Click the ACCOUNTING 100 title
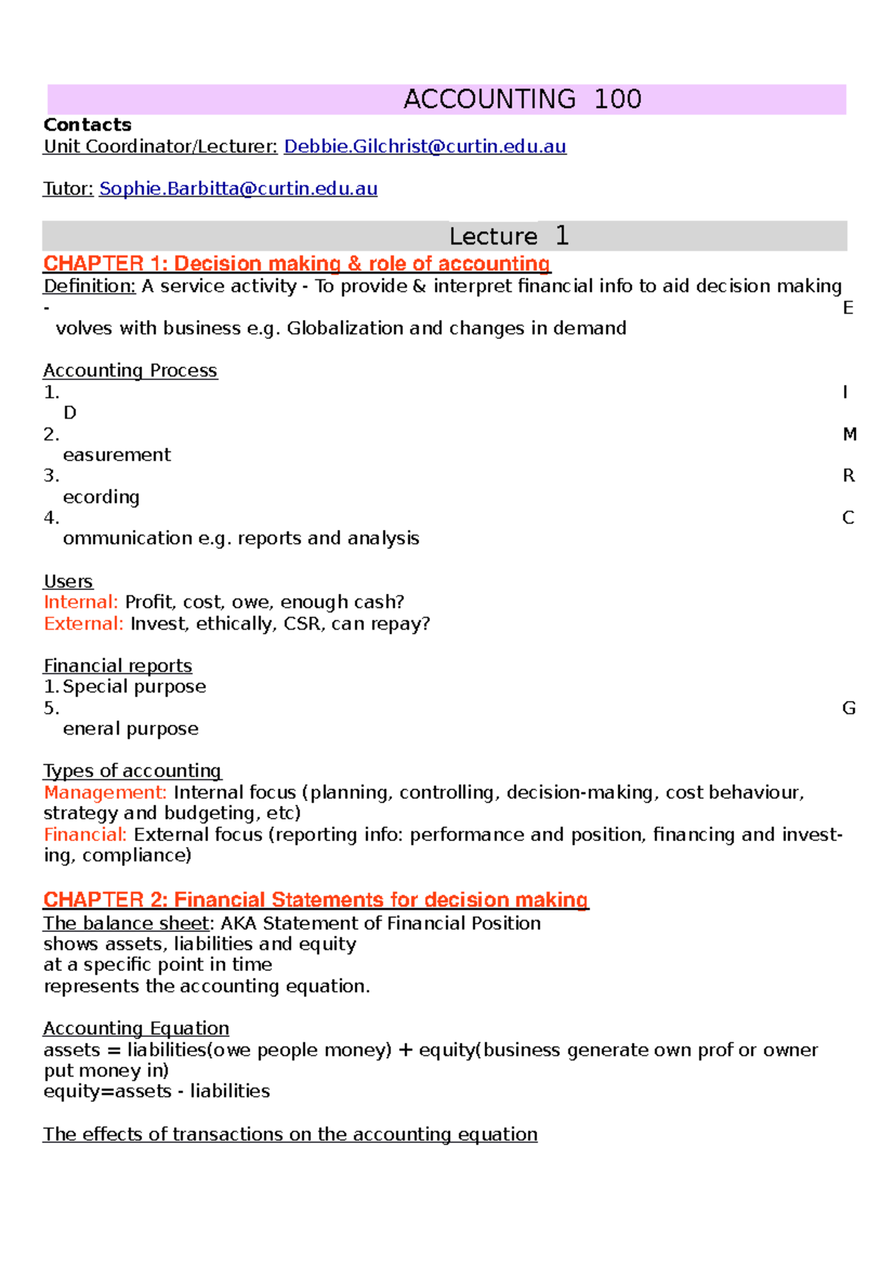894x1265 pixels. pos(521,99)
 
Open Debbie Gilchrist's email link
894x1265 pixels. pos(425,147)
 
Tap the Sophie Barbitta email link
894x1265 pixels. pos(238,189)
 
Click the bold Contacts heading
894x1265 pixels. pos(87,124)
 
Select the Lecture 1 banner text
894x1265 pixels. pos(509,236)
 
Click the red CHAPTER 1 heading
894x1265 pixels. pos(297,264)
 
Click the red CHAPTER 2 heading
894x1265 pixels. pos(316,900)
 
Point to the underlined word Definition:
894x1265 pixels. pos(89,286)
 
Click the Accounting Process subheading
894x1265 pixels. pos(130,370)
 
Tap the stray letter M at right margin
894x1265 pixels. pos(849,434)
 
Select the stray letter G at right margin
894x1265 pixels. pos(849,708)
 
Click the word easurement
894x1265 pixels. pos(117,455)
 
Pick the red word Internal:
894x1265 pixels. pos(80,602)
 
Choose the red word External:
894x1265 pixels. pos(83,624)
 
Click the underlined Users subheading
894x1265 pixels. pos(69,581)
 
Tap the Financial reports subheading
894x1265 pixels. pos(118,665)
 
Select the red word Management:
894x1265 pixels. pos(105,793)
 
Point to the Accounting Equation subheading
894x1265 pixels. pos(136,1028)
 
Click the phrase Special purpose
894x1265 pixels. pos(134,686)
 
